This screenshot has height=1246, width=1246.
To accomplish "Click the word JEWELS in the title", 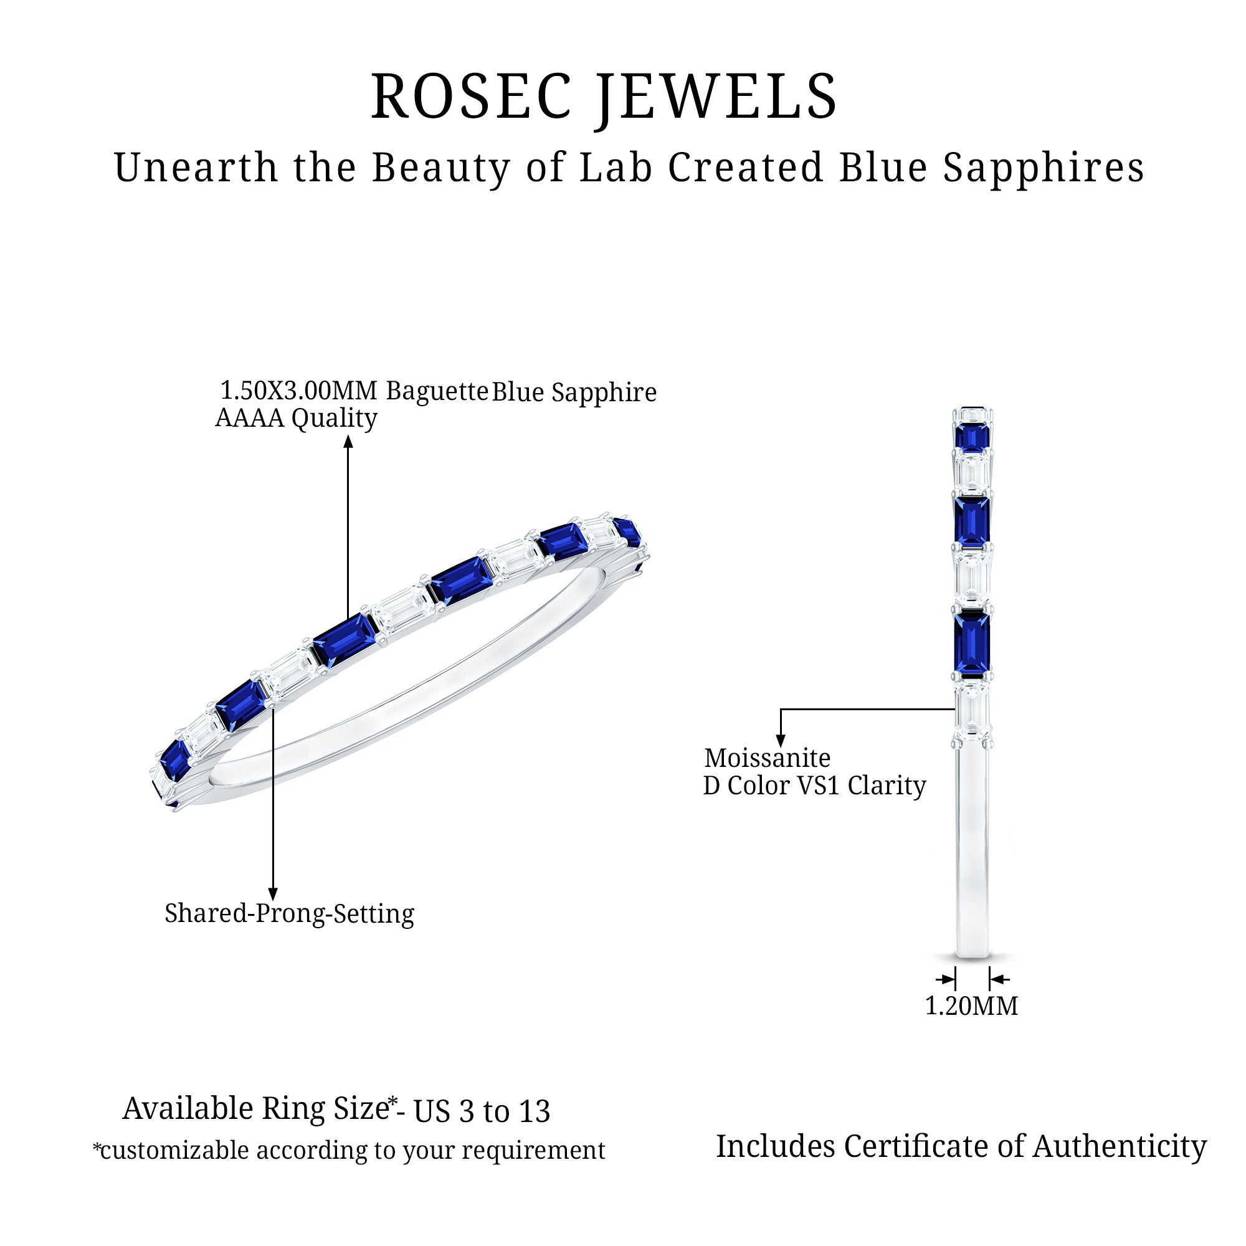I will tap(716, 97).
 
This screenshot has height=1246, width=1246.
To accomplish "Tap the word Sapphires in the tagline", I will tap(1044, 168).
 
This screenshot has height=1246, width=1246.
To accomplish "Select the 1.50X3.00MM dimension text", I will tap(298, 391).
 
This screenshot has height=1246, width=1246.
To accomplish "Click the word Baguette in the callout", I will tap(437, 391).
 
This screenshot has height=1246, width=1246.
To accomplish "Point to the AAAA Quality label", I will tap(296, 418).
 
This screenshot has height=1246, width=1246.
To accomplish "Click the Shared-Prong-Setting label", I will tap(289, 913).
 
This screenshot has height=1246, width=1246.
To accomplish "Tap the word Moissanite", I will tap(767, 758).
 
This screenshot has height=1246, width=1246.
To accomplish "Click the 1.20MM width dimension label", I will tap(971, 1006).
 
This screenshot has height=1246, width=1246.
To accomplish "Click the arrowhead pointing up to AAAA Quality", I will tap(348, 442).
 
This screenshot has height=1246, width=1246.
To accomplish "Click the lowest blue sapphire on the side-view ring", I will tap(972, 643).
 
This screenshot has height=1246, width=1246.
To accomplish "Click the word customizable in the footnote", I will tap(174, 1151).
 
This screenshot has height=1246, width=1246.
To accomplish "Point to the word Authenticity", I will tap(1120, 1147).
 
